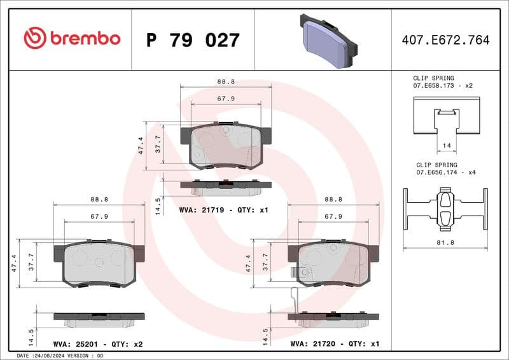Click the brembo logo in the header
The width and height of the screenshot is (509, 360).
[x=71, y=38]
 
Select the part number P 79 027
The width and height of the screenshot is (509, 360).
[x=193, y=41]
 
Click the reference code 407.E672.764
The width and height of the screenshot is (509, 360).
[x=445, y=41]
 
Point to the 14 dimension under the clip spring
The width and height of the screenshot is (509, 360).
[x=446, y=146]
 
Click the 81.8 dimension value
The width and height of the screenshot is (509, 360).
[x=445, y=242]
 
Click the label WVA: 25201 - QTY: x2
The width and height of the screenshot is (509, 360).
[x=98, y=344]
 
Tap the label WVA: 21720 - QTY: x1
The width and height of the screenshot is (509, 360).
[x=335, y=344]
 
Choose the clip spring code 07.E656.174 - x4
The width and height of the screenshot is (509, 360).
[x=446, y=172]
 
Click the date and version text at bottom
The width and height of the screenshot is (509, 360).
[x=60, y=356]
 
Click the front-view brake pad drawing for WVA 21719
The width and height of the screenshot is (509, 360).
[x=226, y=146]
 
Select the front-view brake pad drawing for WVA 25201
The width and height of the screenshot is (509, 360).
[x=99, y=263]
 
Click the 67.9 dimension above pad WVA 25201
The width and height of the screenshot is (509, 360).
[x=99, y=216]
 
